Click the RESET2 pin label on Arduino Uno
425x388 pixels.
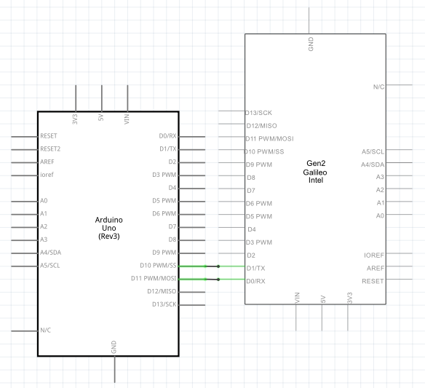tap(50, 149)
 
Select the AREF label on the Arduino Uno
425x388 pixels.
tap(47, 162)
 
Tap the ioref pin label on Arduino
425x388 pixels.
tap(47, 175)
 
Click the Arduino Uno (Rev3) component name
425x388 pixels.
tap(109, 228)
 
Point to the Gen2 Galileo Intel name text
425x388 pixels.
tap(315, 172)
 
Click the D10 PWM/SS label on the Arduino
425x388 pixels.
tap(158, 266)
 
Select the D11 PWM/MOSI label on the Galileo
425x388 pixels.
tap(269, 139)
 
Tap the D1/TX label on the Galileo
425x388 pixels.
tap(256, 269)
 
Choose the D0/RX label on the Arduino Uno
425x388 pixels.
tap(168, 136)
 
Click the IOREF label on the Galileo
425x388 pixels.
tap(374, 256)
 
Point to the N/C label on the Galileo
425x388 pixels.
tap(378, 87)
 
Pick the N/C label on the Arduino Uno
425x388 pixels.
tap(46, 330)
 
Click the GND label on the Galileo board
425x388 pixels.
tap(311, 44)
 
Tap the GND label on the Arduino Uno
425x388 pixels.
tap(114, 347)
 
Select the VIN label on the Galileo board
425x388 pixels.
tap(297, 298)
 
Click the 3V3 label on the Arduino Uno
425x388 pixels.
tap(75, 119)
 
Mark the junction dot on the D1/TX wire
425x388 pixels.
tap(218, 266)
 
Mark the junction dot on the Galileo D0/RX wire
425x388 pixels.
tap(218, 280)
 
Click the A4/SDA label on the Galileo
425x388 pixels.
tap(373, 165)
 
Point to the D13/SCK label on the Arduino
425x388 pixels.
tap(164, 304)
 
